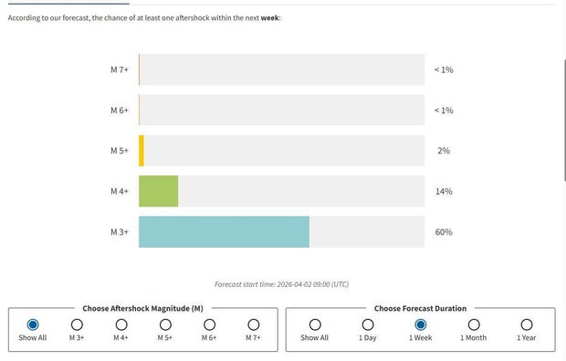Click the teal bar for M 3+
click(x=224, y=232)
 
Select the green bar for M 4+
click(x=158, y=191)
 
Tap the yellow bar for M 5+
click(x=141, y=151)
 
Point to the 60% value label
click(x=444, y=232)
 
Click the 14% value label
click(x=444, y=191)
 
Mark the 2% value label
click(x=444, y=151)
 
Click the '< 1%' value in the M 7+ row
click(x=444, y=70)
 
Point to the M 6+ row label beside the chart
click(x=120, y=111)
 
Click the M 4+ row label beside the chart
click(x=120, y=191)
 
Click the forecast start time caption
click(x=281, y=284)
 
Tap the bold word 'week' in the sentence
click(x=269, y=17)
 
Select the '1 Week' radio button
click(x=421, y=324)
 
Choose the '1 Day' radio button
click(x=368, y=324)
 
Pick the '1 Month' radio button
click(x=474, y=324)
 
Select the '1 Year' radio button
click(x=527, y=324)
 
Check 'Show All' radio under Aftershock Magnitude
click(x=33, y=324)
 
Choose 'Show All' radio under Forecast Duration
click(x=315, y=324)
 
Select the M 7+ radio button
click(x=254, y=324)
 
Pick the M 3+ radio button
click(x=77, y=324)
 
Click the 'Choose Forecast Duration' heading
click(x=420, y=309)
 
